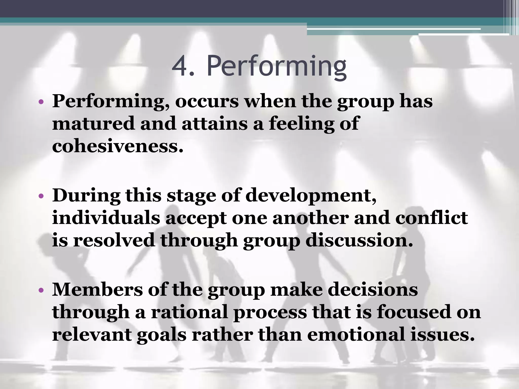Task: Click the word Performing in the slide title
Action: [276, 67]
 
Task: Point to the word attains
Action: [214, 124]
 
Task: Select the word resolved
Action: [114, 240]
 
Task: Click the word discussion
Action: [359, 240]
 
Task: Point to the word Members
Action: [97, 289]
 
